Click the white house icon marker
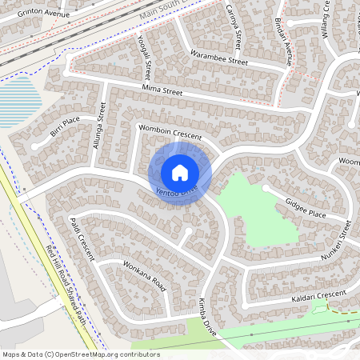point(180,172)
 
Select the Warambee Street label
point(218,58)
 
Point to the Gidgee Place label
point(306,209)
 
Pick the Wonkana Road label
point(144,275)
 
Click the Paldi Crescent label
point(82,238)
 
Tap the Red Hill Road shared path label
point(68,286)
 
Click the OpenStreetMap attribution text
point(81,354)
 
